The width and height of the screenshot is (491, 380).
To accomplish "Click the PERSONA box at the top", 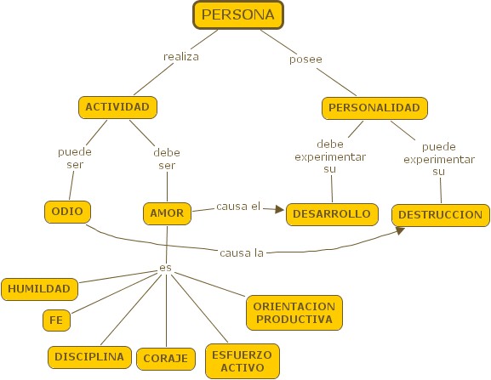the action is [x=238, y=15].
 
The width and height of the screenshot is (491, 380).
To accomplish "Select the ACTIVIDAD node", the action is [x=117, y=107].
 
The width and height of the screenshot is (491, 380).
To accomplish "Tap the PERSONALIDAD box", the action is [x=374, y=108].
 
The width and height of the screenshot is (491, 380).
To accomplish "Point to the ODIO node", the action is [x=67, y=212].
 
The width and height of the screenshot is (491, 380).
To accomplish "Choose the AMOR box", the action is [x=168, y=213].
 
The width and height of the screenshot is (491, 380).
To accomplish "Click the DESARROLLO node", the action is [x=332, y=214].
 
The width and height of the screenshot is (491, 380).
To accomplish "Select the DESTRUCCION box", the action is [x=441, y=215].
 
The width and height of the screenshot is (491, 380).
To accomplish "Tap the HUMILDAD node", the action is [x=39, y=289].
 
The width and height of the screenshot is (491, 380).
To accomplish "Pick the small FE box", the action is [x=56, y=320].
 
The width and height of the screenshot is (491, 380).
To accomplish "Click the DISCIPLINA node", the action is [x=89, y=357].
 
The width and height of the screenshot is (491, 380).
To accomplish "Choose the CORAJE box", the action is [x=166, y=359].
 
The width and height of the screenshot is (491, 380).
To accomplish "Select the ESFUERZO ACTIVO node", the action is [x=243, y=361].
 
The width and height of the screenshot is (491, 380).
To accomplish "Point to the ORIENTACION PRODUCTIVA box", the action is [x=294, y=313].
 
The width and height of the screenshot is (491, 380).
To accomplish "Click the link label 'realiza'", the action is [x=181, y=57].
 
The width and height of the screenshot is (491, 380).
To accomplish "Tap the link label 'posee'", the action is [x=305, y=60].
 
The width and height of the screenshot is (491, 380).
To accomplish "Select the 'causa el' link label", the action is [x=238, y=207].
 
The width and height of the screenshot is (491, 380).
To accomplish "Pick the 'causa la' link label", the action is [x=242, y=253].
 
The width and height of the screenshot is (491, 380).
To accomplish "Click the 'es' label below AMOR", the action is [x=166, y=268].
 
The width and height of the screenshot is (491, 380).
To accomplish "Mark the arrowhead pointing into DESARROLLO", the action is [x=279, y=209].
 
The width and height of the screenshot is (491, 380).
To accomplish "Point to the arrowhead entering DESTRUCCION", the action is [x=400, y=230].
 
